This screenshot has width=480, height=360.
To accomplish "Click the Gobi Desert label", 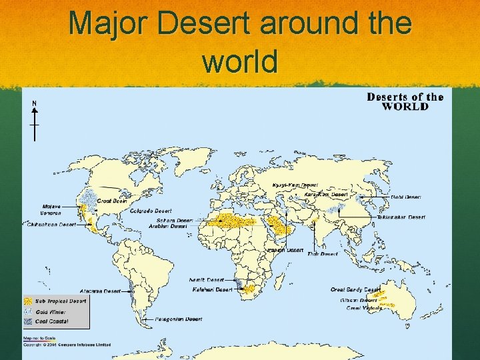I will click(x=405, y=197).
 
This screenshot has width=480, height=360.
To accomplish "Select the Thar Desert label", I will click(x=323, y=253).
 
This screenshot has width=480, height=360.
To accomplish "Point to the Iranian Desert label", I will click(x=285, y=249).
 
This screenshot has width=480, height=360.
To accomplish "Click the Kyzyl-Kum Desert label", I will click(x=295, y=185).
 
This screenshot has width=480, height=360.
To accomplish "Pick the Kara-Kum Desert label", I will click(x=326, y=194).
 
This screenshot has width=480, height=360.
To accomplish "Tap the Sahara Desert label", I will click(x=174, y=220).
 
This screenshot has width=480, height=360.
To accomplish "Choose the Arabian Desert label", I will click(x=170, y=227).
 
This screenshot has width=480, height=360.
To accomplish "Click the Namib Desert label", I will click(x=207, y=280).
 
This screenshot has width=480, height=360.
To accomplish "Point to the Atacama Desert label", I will click(x=100, y=291).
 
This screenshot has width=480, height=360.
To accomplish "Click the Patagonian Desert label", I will click(x=176, y=319).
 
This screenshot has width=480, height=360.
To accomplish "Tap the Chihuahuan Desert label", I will click(x=50, y=225).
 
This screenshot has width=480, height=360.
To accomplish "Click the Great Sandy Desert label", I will click(x=355, y=289).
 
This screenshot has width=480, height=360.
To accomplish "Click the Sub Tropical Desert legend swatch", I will click(x=29, y=301).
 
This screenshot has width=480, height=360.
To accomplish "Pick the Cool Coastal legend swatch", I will click(x=29, y=321).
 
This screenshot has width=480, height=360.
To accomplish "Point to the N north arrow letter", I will click(x=34, y=103).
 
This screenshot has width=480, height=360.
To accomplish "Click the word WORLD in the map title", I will click(x=405, y=107).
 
